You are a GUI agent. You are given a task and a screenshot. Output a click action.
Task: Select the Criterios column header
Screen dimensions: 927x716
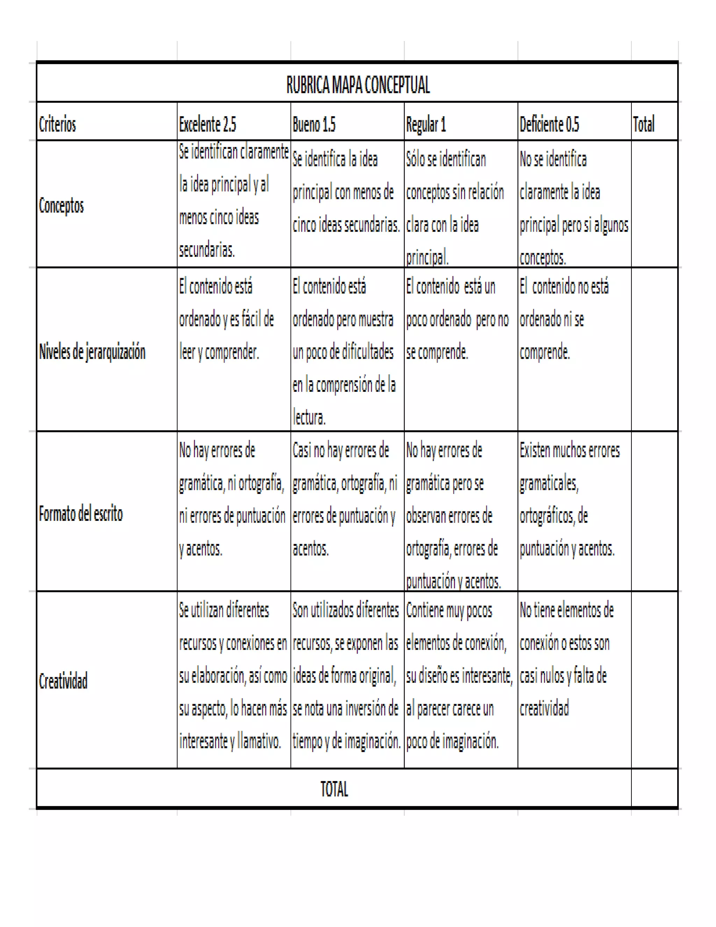pos(57,125)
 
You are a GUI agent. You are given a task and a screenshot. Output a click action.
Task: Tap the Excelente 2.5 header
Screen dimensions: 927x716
pos(207,125)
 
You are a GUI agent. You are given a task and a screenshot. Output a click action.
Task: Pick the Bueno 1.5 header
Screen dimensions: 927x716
pos(314,125)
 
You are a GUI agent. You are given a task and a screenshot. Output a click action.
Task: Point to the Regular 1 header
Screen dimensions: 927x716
pos(426,125)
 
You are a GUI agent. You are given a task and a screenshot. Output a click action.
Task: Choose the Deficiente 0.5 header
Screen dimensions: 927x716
pos(549,125)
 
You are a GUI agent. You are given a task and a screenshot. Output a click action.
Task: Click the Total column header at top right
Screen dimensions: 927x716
pos(644,125)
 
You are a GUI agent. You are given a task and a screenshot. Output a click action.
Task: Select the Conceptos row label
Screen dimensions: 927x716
pos(62,205)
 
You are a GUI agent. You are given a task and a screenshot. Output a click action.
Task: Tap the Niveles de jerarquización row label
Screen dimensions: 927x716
pos(92,352)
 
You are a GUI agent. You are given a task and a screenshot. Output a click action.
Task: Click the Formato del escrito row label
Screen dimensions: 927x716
pos(81,514)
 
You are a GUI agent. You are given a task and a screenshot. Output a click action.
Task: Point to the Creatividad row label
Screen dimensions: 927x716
pos(63,681)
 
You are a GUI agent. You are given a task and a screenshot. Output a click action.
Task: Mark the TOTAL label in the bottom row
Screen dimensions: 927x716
pos(334,789)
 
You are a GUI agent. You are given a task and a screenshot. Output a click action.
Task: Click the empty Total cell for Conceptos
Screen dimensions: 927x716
pos(654,204)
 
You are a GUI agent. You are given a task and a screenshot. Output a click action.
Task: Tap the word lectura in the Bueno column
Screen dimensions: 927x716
pos(309,418)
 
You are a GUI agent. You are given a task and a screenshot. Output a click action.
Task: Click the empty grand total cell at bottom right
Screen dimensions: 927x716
pos(654,789)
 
